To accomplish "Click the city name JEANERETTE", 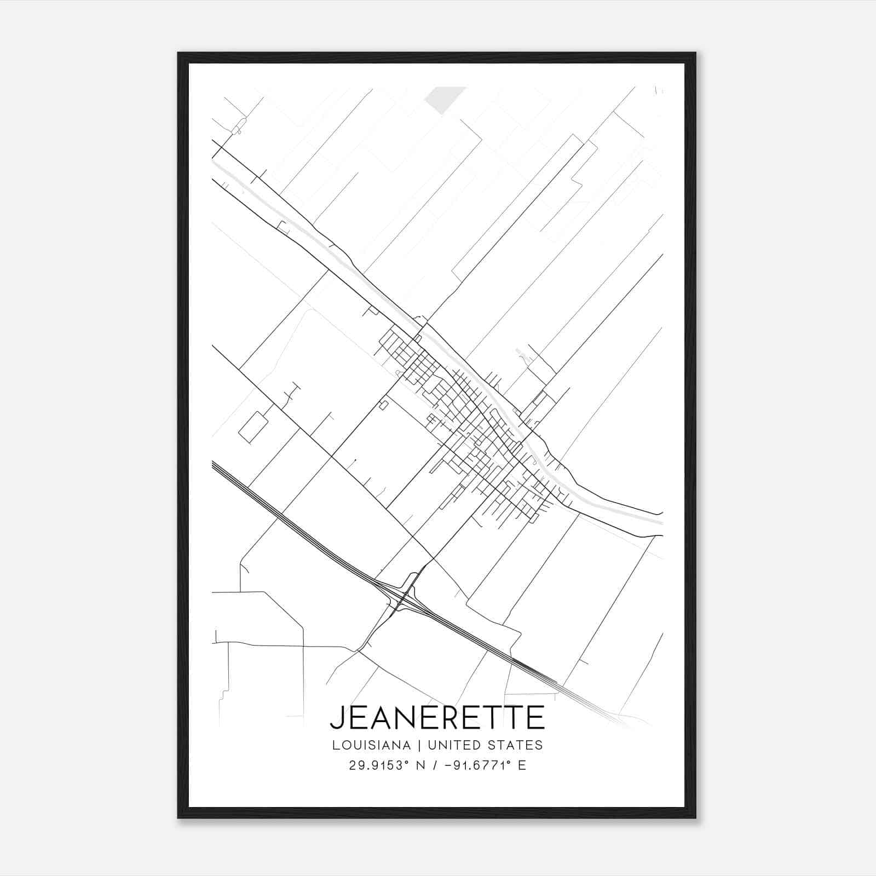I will tap(437, 717).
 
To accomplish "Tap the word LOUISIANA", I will tap(371, 745).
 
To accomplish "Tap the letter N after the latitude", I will tap(420, 765).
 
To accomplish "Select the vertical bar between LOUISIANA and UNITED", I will tap(419, 745).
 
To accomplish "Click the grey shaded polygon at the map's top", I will tap(443, 98).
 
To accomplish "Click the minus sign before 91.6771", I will tap(448, 765).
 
